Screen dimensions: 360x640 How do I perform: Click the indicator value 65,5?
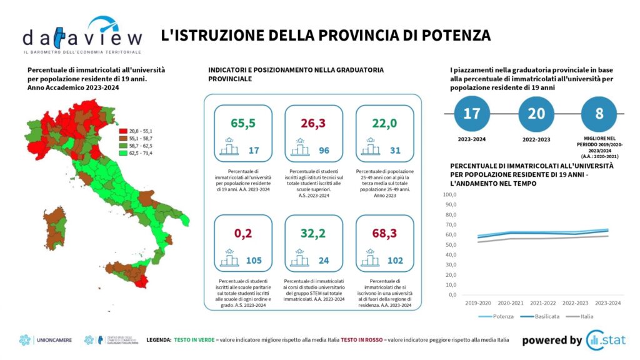coord(243,123)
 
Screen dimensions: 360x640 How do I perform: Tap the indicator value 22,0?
coord(384,123)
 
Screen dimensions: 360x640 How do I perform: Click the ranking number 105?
coord(254,261)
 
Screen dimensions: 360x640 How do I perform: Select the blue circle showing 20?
coord(537,114)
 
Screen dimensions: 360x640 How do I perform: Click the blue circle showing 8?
coord(599,114)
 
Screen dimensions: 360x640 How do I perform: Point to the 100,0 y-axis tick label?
coord(450,195)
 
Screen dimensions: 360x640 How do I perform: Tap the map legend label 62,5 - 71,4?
coord(140,153)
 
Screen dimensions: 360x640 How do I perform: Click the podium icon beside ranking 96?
coord(297,149)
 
